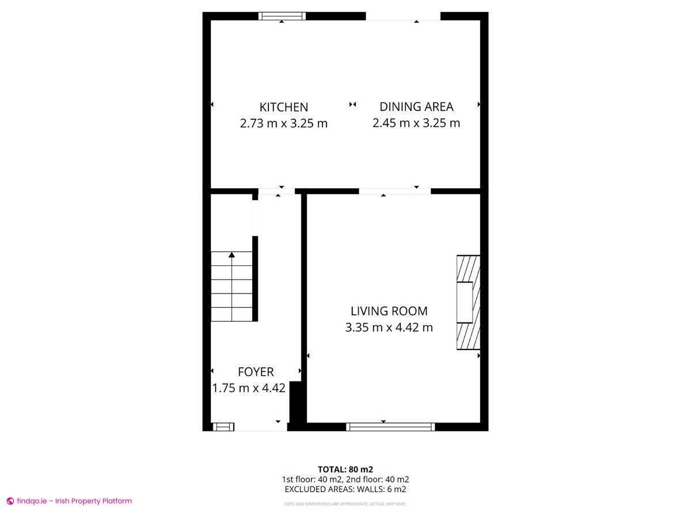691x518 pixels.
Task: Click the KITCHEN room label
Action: click(x=283, y=107)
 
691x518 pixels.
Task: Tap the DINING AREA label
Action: click(x=416, y=106)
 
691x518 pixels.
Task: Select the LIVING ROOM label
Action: click(x=389, y=311)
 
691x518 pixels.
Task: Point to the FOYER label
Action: click(x=256, y=372)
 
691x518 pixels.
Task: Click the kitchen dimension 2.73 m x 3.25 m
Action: click(x=283, y=123)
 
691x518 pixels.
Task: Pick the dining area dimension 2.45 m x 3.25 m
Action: click(x=416, y=123)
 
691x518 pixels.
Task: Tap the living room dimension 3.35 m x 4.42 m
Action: click(x=389, y=328)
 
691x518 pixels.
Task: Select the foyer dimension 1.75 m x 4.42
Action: click(x=249, y=389)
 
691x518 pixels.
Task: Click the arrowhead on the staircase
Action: click(x=231, y=254)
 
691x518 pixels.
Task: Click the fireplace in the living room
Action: click(x=468, y=303)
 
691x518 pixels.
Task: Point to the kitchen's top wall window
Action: click(x=282, y=16)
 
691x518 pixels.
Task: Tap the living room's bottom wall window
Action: click(x=390, y=426)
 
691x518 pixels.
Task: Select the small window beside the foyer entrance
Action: click(x=223, y=426)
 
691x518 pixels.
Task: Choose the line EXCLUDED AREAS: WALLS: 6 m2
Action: click(x=345, y=489)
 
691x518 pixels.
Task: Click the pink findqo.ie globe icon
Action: click(x=10, y=501)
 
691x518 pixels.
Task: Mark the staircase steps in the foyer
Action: click(x=231, y=287)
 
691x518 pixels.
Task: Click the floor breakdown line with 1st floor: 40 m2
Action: click(x=345, y=479)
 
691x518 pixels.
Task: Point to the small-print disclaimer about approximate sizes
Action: click(x=345, y=504)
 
